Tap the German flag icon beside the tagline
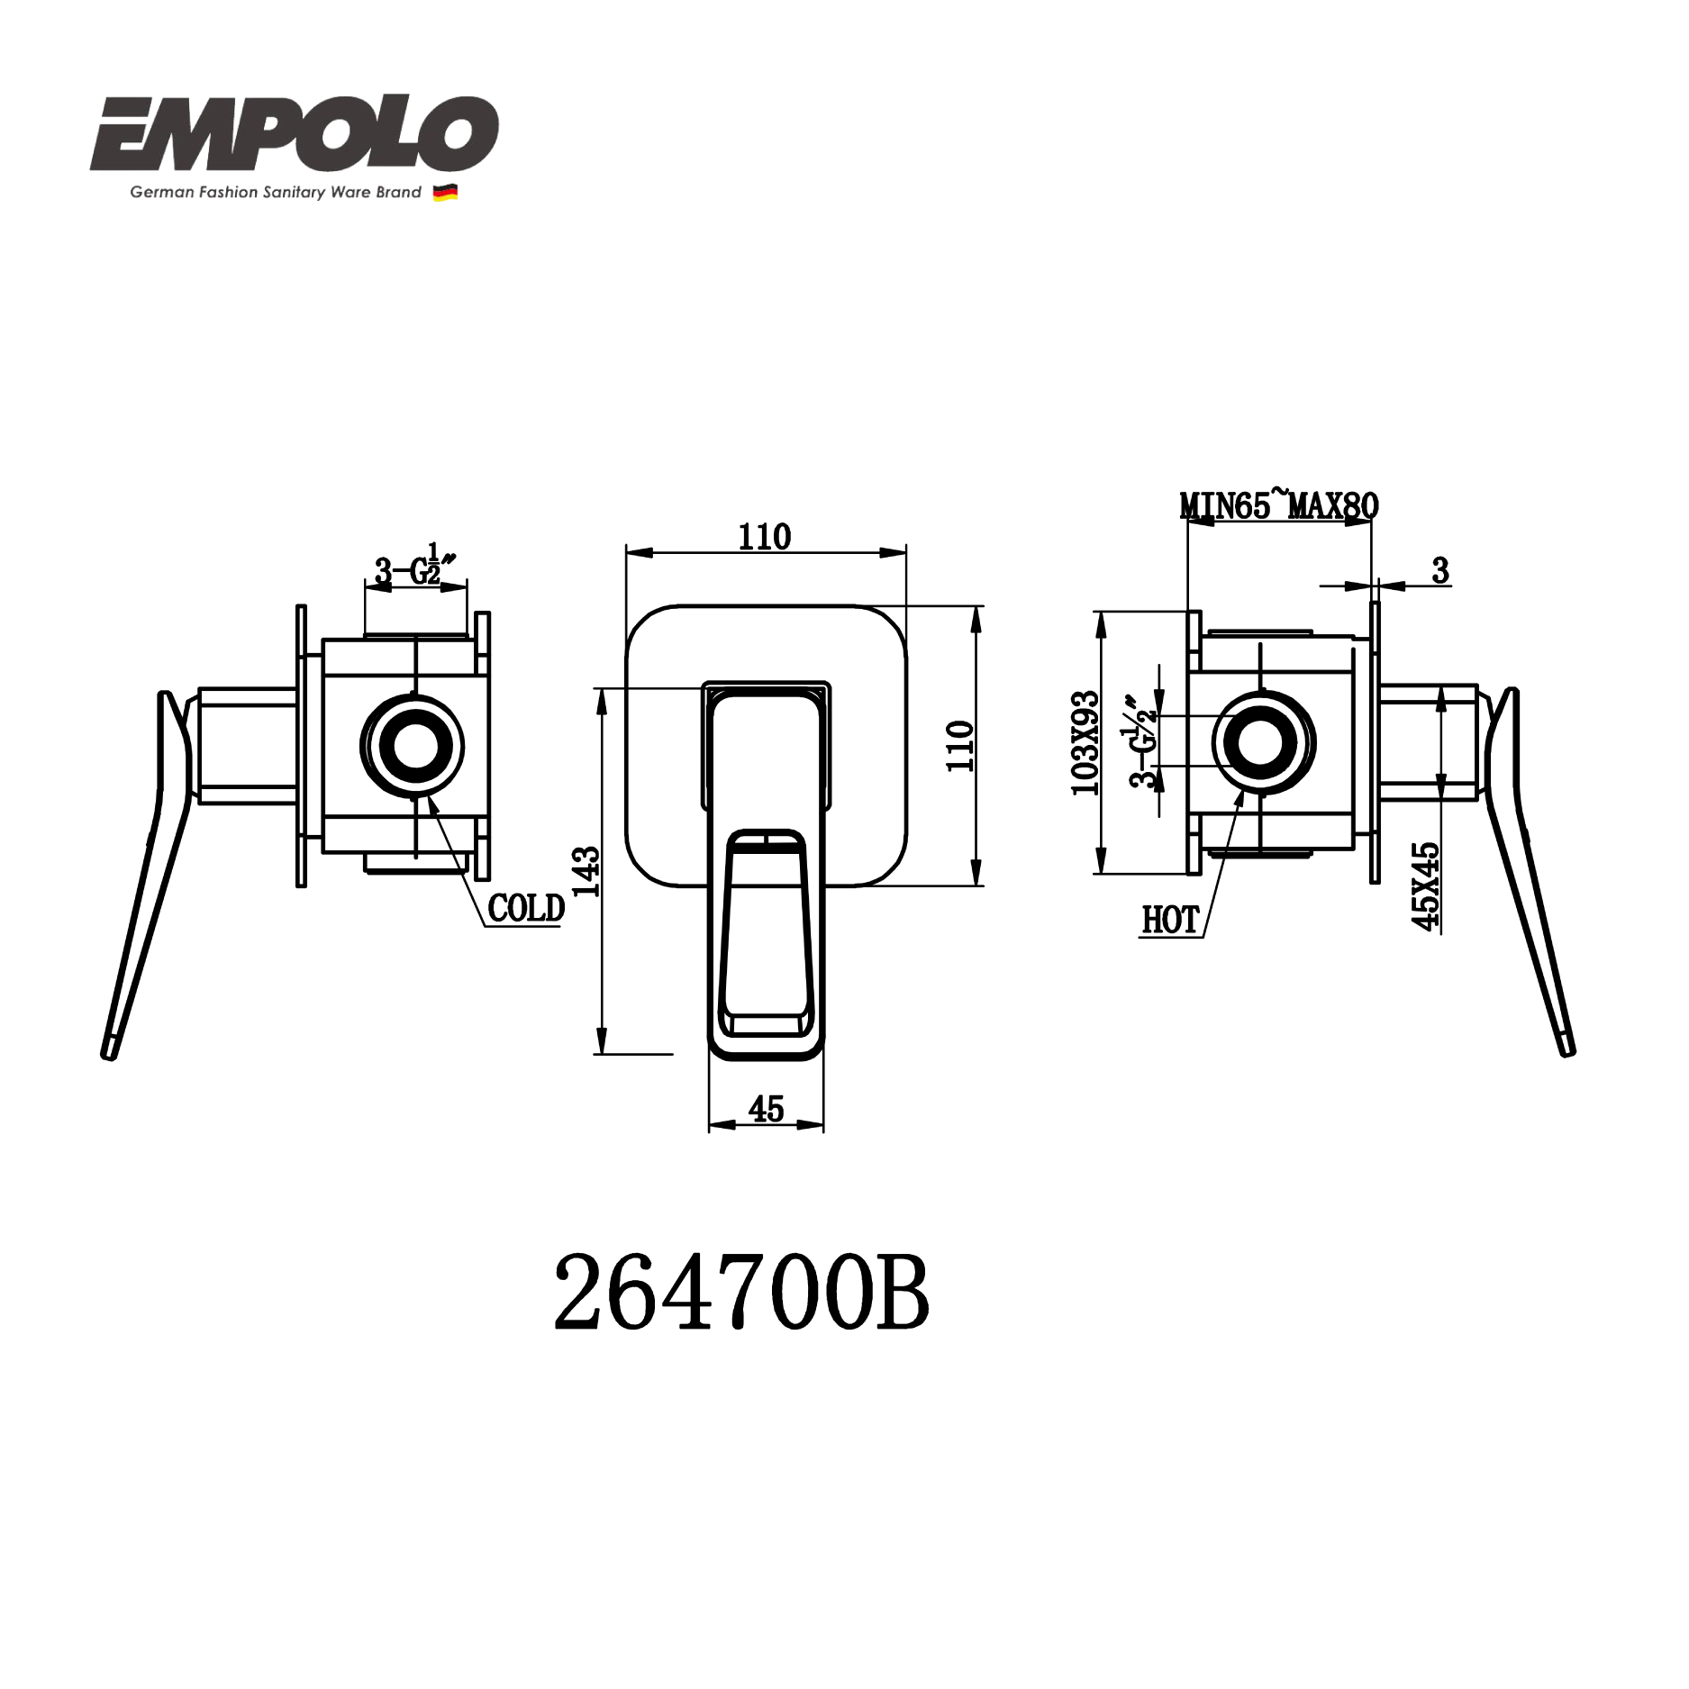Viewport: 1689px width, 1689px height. (x=445, y=193)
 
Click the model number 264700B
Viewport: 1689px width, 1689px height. (x=740, y=1294)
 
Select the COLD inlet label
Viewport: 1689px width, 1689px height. (x=526, y=908)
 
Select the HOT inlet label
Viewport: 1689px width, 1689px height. (x=1170, y=920)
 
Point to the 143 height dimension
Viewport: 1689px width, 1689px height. (x=586, y=871)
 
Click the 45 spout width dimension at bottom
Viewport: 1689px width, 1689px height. (x=766, y=1109)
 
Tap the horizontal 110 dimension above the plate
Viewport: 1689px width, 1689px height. (x=765, y=537)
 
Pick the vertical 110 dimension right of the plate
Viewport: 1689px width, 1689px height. (x=960, y=746)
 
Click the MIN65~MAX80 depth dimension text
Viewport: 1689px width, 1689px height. (x=1279, y=505)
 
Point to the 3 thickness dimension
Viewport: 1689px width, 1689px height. (x=1440, y=570)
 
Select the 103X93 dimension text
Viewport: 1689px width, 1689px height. (x=1085, y=743)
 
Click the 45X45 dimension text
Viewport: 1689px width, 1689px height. (x=1426, y=886)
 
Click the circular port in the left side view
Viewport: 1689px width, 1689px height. (x=413, y=746)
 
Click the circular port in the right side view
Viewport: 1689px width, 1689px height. (x=1264, y=742)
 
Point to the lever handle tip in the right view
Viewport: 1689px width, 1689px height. (x=1567, y=1048)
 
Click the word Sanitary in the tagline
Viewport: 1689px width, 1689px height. (x=295, y=192)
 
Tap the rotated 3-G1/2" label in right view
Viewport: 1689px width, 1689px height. (x=1141, y=740)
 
